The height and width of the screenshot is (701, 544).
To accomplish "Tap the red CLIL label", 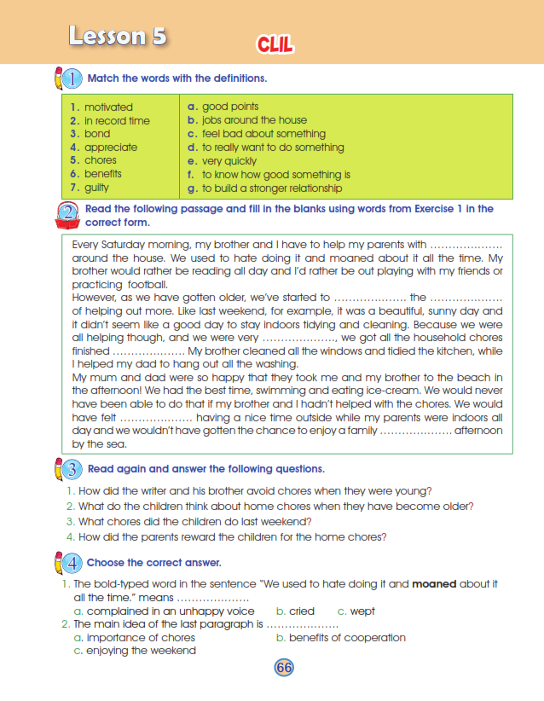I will point(275,44).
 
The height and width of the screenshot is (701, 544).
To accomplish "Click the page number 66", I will point(284,668).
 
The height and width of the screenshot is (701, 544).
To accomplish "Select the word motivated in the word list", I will point(108,107).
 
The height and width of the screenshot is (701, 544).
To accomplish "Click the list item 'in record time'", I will point(117,121).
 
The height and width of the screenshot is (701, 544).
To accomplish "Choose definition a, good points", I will point(229,107).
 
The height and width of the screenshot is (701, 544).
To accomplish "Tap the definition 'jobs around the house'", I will point(254,121).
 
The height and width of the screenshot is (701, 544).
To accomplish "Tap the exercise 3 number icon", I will point(72,469).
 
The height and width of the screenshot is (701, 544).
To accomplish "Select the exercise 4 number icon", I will point(72,563).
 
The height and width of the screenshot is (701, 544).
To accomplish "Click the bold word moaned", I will point(435,584).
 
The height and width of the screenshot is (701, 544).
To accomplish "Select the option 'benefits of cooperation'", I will point(347,638).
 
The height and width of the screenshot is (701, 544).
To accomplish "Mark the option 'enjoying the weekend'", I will point(140,651).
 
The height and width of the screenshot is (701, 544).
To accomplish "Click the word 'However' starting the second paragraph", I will point(95,298).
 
